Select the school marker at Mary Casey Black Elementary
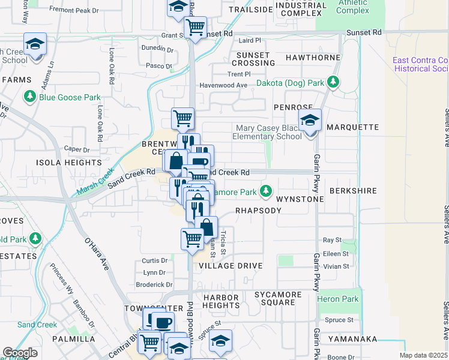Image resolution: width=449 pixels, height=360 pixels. pos(310,122)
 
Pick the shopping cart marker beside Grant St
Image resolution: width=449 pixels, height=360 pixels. pos(196,27)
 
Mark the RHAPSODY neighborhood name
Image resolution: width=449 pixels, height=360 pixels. pos(258,211)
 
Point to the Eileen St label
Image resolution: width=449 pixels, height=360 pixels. pos(336,254)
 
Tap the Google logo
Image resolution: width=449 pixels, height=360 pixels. pos(20,352)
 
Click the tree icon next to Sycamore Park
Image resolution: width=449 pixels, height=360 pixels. pos(265,192)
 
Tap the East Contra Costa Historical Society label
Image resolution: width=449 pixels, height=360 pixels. pos(420,64)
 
